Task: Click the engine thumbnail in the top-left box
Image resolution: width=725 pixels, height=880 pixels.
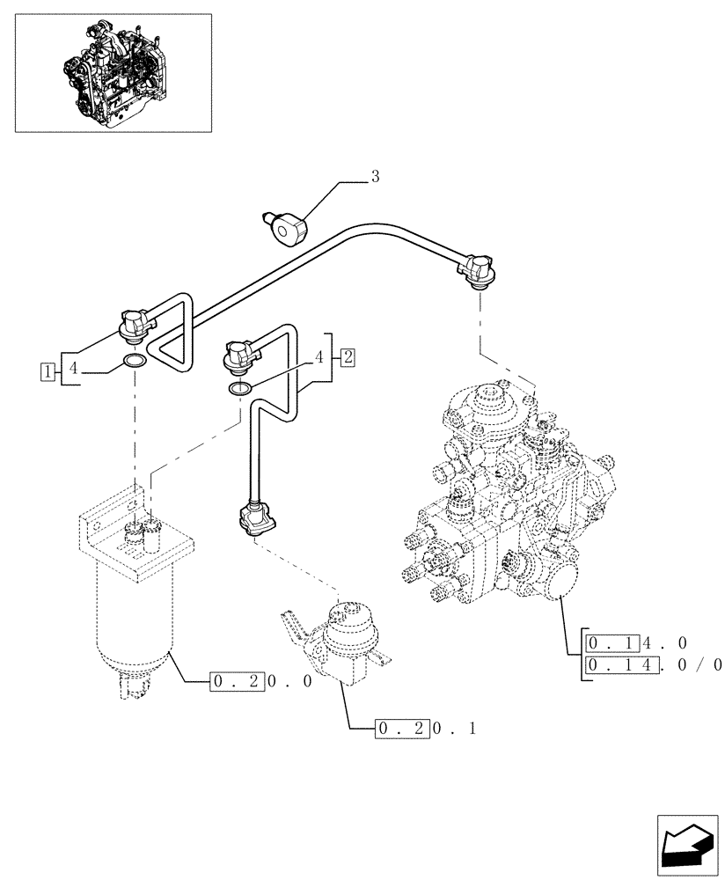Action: click(x=114, y=73)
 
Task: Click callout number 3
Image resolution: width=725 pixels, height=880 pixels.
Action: click(x=375, y=177)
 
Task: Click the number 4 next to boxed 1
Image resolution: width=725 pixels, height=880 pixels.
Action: click(x=75, y=370)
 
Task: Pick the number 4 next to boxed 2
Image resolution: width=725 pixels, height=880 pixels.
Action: click(x=320, y=357)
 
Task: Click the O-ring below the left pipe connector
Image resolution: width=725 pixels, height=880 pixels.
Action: click(x=135, y=361)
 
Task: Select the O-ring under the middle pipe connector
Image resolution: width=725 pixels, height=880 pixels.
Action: click(x=239, y=388)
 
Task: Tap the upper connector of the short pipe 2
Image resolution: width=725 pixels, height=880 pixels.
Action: click(x=240, y=356)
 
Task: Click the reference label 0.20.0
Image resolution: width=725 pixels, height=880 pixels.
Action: click(x=261, y=680)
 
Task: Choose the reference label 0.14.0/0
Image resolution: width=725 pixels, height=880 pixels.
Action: click(x=652, y=664)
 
